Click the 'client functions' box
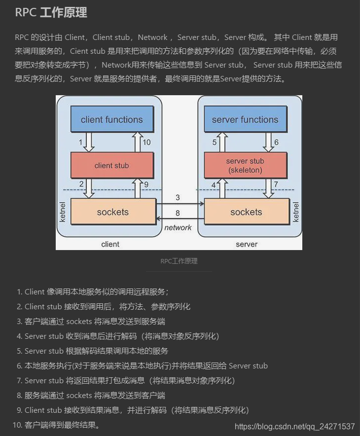pos(111,119)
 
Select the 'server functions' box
pos(245,119)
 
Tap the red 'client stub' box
pos(111,166)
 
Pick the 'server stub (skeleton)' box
pos(245,166)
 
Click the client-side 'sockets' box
pos(113,212)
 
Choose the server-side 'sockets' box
pos(246,212)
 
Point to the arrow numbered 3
pos(180,203)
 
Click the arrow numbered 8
pos(180,218)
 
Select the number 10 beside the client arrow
pos(147,142)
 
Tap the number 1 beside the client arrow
pos(80,142)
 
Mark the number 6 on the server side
pos(276,142)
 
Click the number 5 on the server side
pos(215,142)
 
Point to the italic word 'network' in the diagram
pos(178,227)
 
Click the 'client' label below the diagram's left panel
pos(110,244)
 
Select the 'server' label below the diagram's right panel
pos(247,244)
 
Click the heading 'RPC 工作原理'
pos(51,13)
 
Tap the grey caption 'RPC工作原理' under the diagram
pos(179,261)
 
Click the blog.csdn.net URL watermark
pos(294,426)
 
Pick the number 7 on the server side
pos(276,184)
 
